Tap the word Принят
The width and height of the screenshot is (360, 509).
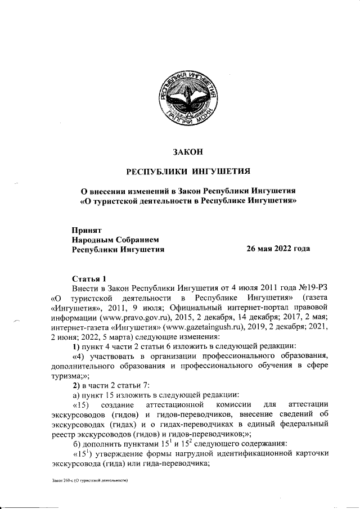pos(86,229)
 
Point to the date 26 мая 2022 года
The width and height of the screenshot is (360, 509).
pos(278,249)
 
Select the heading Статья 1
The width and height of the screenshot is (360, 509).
pos(89,278)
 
